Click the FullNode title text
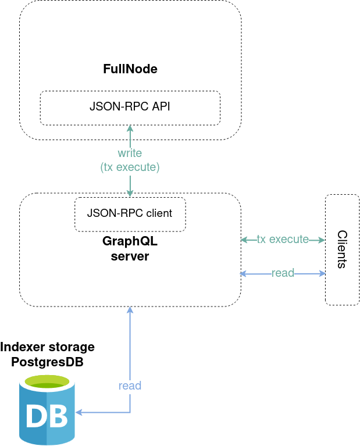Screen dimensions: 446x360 click(x=130, y=69)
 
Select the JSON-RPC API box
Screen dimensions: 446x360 click(x=130, y=108)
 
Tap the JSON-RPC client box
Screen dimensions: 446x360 click(x=130, y=213)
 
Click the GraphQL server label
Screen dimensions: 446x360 click(x=130, y=248)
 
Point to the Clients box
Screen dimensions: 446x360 click(x=342, y=249)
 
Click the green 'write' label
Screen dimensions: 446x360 click(x=130, y=153)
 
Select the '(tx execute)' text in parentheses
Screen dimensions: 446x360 click(x=130, y=167)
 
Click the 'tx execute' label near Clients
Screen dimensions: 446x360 click(x=283, y=239)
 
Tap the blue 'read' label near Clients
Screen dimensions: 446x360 click(x=283, y=273)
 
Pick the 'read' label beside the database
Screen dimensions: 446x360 click(x=130, y=386)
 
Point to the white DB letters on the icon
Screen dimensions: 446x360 click(x=47, y=416)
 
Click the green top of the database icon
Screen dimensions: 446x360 click(x=47, y=383)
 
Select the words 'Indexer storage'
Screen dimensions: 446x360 click(x=47, y=347)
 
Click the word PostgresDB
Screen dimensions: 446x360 click(x=47, y=362)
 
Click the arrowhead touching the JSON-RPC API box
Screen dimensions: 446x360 click(x=130, y=129)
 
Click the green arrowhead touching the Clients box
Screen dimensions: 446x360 click(x=320, y=240)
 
